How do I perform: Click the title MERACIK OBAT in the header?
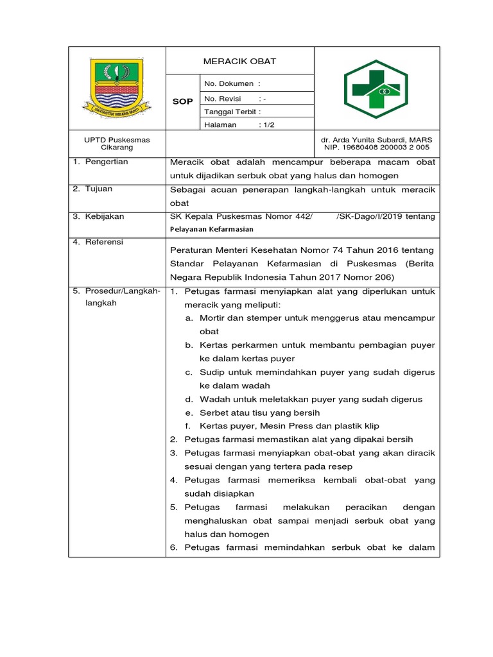point(239,61)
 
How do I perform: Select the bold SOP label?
point(183,101)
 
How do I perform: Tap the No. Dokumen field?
point(232,83)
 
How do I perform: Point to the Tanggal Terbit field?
point(232,112)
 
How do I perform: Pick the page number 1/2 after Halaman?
point(266,125)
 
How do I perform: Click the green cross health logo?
point(376,89)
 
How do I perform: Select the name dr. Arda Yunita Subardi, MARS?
point(376,139)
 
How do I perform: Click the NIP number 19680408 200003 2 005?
point(376,148)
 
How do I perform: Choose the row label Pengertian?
point(106,162)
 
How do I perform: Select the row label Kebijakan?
point(105,216)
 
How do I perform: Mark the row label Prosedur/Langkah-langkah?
point(117,297)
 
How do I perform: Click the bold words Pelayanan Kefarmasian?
point(211,229)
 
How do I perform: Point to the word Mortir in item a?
point(212,318)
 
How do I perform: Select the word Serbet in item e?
point(213,413)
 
